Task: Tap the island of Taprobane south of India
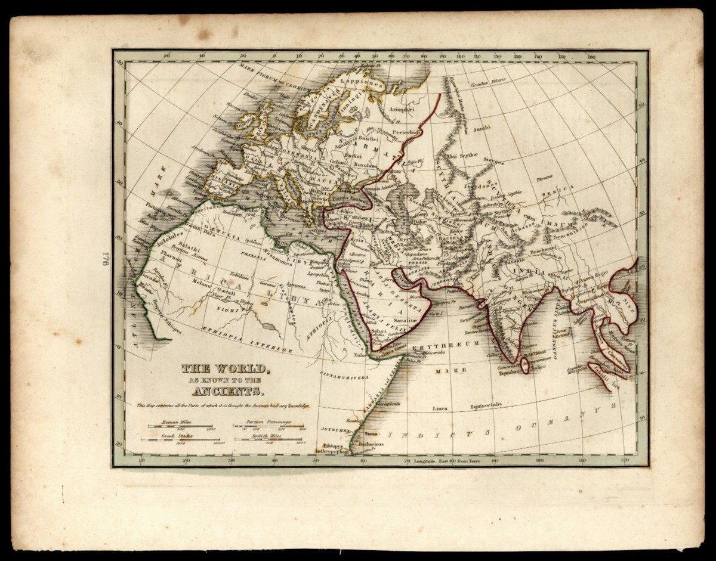coord(523,365)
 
